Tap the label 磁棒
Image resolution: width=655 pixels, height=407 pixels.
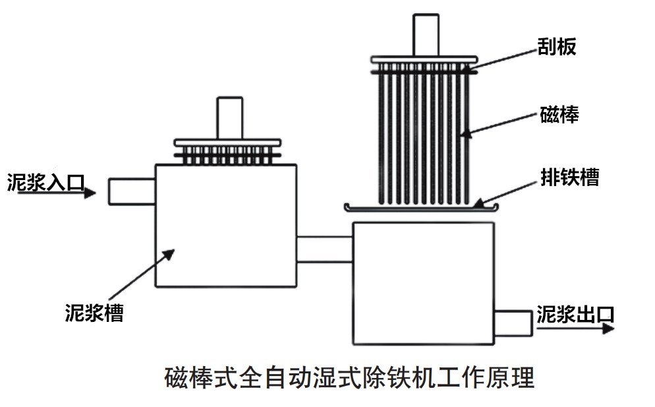[559, 115]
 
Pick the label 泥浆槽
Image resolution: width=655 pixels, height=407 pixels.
[94, 311]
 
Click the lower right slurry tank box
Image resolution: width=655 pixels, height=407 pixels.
[423, 283]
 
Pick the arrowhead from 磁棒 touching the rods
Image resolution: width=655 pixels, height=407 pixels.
[465, 133]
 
